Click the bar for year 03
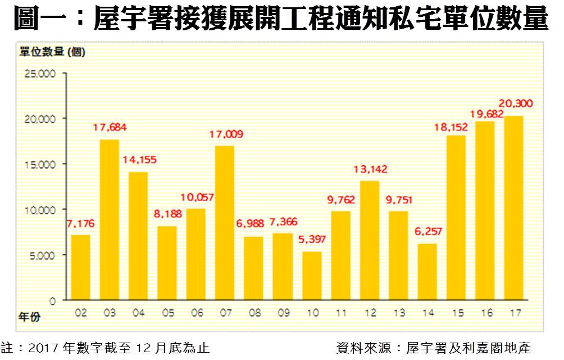pyautogui.click(x=110, y=220)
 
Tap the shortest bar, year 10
pyautogui.click(x=312, y=276)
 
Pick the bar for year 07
pyautogui.click(x=225, y=223)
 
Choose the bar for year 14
pyautogui.click(x=427, y=272)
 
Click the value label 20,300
pyautogui.click(x=516, y=104)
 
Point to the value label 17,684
pyautogui.click(x=110, y=127)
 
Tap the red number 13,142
pyautogui.click(x=371, y=169)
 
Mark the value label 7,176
pyautogui.click(x=80, y=224)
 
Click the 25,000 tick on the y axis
pyautogui.click(x=39, y=74)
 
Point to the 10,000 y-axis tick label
pyautogui.click(x=39, y=209)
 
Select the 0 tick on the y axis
pyautogui.click(x=52, y=300)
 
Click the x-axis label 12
pyautogui.click(x=370, y=313)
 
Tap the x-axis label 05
pyautogui.click(x=167, y=313)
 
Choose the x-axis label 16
pyautogui.click(x=485, y=313)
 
